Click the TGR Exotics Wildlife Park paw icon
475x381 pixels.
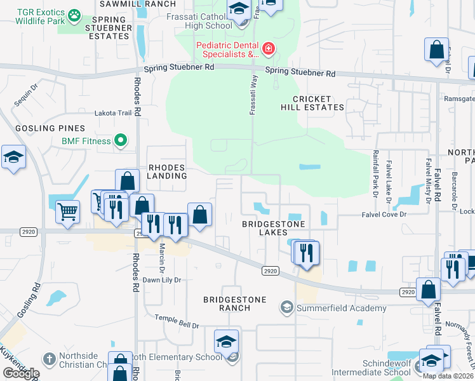click(x=75, y=13)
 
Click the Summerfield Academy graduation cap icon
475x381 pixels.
click(x=286, y=308)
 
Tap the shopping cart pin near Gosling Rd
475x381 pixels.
click(x=68, y=211)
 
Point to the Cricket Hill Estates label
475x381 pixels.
click(x=312, y=103)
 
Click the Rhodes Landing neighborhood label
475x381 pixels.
click(x=167, y=171)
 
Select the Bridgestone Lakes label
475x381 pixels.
click(x=274, y=229)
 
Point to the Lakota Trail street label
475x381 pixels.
click(x=112, y=113)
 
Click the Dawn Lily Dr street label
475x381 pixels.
click(x=162, y=279)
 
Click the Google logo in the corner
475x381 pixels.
click(x=21, y=373)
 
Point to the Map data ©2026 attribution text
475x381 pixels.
click(x=447, y=376)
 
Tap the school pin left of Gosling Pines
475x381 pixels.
click(x=13, y=158)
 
